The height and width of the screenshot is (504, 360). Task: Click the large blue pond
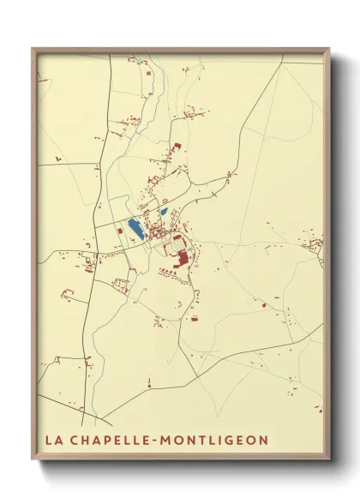point(135,228)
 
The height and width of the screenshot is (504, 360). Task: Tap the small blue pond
point(163,211)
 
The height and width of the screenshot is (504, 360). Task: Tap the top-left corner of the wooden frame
point(33,49)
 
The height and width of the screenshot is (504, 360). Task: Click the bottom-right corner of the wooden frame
point(329,461)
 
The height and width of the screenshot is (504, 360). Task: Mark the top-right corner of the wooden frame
point(329,49)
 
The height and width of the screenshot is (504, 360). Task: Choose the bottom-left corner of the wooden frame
point(33,461)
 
